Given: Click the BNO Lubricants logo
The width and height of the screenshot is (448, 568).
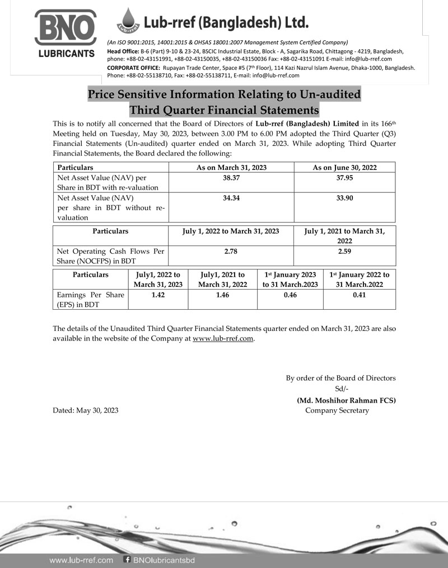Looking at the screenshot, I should tap(65, 33).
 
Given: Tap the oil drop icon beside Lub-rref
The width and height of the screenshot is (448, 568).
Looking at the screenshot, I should tap(130, 21).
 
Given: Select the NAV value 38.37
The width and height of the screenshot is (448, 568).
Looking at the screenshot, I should tap(231, 177).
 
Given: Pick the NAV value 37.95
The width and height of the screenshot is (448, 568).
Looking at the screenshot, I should tap(344, 177).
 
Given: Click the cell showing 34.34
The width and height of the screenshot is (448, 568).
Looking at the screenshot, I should tap(231, 198).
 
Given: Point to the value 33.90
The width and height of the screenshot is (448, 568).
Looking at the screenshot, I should tap(344, 198).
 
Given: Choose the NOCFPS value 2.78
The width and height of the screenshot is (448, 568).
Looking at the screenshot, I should tap(231, 252).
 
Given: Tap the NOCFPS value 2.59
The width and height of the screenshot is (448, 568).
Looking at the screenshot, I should tap(344, 252).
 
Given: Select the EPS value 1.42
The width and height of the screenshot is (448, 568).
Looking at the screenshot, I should tap(158, 295).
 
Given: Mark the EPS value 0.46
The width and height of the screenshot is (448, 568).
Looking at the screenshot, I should tap(290, 295).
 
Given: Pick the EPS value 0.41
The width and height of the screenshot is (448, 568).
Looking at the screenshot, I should tap(359, 295).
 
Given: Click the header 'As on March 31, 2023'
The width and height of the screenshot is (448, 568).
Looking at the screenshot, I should tap(231, 167).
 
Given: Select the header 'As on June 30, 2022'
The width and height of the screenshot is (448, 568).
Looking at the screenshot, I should tap(344, 167).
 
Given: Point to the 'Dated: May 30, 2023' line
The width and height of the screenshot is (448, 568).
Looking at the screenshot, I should tap(85, 410).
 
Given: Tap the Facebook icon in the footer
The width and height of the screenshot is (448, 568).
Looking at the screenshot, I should tap(127, 560).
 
